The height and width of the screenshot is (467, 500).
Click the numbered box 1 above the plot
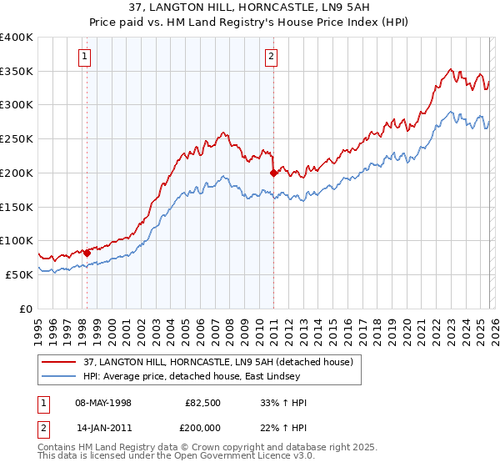click(x=86, y=58)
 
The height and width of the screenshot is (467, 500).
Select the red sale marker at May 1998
click(x=87, y=252)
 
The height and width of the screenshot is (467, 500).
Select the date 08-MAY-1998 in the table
click(x=103, y=403)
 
